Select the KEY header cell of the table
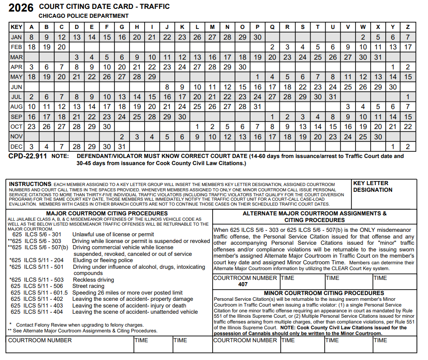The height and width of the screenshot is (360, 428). (16, 27)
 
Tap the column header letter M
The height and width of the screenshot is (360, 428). (212, 27)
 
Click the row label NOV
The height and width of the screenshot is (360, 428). (16, 137)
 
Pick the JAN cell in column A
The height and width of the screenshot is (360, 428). (32, 37)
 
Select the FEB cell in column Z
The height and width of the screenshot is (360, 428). (408, 47)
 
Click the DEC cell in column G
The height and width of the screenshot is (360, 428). (122, 146)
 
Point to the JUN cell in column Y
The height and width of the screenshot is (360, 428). (393, 87)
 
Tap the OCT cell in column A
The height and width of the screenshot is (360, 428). (32, 126)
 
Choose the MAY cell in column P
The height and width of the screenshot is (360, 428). (258, 77)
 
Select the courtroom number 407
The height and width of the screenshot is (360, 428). (243, 284)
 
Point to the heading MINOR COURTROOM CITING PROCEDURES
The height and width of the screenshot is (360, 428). (324, 293)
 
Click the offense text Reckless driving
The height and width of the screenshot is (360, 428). (93, 280)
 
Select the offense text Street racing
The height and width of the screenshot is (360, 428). (89, 286)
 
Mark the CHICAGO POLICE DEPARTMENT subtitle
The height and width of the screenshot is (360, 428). (84, 16)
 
